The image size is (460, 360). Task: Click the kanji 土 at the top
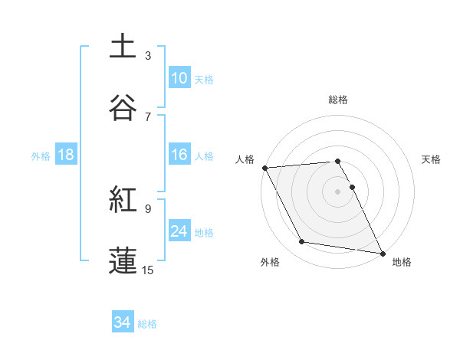point(123,47)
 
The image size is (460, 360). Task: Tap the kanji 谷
point(123,109)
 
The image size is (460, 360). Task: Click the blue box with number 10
point(179,78)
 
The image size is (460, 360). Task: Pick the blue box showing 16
point(179,155)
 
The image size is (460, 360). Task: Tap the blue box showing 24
point(179,231)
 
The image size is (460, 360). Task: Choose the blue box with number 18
point(66,155)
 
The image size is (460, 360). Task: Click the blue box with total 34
point(123,323)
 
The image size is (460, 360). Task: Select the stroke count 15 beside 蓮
point(148,270)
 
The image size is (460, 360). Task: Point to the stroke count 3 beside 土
point(148,56)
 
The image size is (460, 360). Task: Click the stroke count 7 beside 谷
point(148,116)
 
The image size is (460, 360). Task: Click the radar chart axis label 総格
point(338,100)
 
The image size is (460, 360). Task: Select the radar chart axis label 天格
point(432,159)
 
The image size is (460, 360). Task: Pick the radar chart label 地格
point(402,263)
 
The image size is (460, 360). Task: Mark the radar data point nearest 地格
point(382,252)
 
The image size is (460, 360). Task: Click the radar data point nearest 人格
point(265,168)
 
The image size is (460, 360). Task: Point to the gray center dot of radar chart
point(337,191)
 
